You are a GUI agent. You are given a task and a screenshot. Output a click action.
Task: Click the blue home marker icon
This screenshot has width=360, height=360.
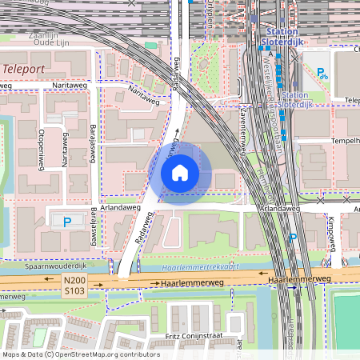[180, 172]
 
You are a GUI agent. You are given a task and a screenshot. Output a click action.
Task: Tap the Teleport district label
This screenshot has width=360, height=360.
[24, 69]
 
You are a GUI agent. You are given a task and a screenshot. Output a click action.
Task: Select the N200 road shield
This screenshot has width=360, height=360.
[74, 281]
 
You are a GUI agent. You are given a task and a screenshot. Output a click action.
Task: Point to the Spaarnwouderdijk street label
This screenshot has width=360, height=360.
[47, 265]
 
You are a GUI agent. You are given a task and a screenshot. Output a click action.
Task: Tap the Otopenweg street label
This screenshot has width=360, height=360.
[41, 148]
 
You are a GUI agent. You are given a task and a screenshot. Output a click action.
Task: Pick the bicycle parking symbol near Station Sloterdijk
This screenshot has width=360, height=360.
[322, 74]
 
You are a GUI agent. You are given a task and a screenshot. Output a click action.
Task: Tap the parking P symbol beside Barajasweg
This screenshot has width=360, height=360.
[68, 222]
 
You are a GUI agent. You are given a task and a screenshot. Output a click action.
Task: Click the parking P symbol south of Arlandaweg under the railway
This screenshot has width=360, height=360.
[293, 237]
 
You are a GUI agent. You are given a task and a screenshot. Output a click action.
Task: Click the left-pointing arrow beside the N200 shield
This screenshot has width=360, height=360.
[97, 284]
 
